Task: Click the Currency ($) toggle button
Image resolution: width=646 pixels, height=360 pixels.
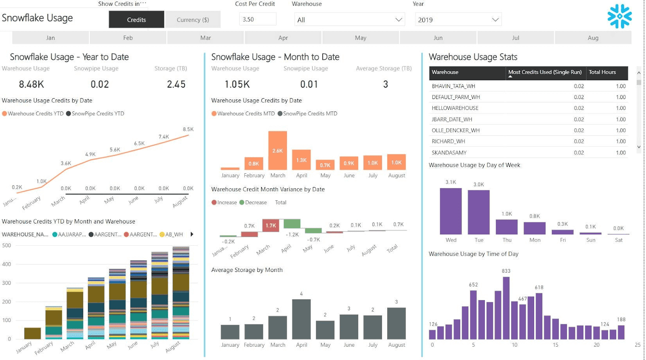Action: click(x=193, y=19)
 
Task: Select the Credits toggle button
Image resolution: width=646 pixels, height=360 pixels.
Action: click(x=136, y=19)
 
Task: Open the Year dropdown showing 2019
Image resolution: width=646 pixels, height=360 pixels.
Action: click(x=458, y=19)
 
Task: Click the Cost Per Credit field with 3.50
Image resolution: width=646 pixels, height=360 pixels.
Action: click(x=258, y=19)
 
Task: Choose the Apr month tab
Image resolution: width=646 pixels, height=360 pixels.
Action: click(x=283, y=38)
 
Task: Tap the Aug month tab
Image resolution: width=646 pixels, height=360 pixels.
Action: click(x=593, y=38)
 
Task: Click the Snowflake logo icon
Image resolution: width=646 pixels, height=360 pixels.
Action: click(x=619, y=16)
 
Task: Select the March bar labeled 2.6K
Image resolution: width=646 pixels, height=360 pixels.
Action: click(x=278, y=150)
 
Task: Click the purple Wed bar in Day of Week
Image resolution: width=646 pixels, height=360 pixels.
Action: click(x=451, y=211)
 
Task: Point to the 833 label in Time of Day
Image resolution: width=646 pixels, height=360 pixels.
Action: click(x=506, y=271)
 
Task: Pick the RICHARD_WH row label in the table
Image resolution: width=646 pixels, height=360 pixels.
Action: click(x=448, y=141)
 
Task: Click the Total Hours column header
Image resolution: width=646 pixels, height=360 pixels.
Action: click(x=602, y=72)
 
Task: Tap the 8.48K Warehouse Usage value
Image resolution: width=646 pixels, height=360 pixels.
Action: click(x=31, y=84)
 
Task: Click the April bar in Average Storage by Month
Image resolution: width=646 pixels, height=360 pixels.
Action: click(x=301, y=319)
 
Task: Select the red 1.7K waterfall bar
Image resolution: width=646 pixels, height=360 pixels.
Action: click(x=271, y=225)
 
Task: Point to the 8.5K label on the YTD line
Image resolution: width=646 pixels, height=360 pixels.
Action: click(x=188, y=129)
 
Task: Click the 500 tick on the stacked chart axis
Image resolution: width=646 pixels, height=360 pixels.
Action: click(x=6, y=245)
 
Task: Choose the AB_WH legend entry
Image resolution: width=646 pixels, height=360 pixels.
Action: click(x=174, y=234)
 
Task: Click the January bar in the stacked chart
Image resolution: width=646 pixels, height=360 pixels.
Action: click(x=32, y=333)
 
